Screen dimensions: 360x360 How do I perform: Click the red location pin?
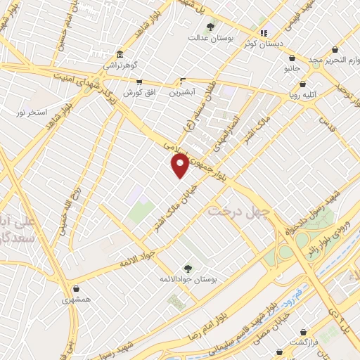[180, 166]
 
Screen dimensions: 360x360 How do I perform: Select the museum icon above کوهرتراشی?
[120, 54]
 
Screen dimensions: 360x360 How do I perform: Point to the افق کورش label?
[139, 93]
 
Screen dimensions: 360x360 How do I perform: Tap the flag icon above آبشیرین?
[183, 81]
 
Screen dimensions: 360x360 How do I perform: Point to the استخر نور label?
[32, 112]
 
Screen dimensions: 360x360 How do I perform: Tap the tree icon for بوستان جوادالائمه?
[187, 267]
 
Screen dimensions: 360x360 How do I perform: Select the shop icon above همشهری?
[76, 288]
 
